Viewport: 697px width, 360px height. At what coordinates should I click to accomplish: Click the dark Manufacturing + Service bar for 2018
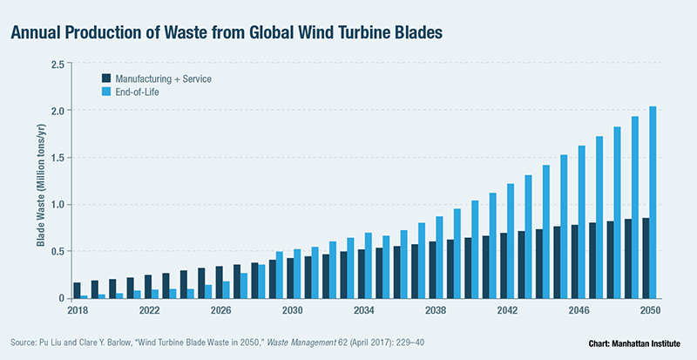(x=77, y=290)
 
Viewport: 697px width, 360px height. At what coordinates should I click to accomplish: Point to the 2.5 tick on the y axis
(x=58, y=64)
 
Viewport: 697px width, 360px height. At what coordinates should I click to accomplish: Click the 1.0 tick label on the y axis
(x=58, y=205)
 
